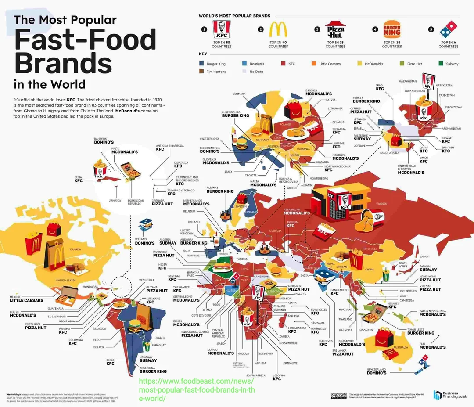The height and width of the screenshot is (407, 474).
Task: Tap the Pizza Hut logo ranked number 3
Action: pyautogui.click(x=336, y=30)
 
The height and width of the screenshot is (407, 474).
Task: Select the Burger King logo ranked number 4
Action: pyautogui.click(x=392, y=29)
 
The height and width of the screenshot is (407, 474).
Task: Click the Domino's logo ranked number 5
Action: pyautogui.click(x=448, y=29)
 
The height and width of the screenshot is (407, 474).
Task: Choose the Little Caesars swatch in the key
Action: pyautogui.click(x=314, y=64)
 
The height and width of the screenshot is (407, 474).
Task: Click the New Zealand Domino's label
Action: pyautogui.click(x=377, y=371)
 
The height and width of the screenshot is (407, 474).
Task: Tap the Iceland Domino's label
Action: pyautogui.click(x=144, y=241)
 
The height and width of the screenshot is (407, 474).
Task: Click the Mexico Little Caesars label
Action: pyautogui.click(x=26, y=299)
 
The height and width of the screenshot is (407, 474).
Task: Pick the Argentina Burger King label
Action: pyautogui.click(x=153, y=369)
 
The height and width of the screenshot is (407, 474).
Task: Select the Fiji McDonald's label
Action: pyautogui.click(x=432, y=345)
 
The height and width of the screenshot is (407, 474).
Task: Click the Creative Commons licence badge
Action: pyautogui.click(x=339, y=396)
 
